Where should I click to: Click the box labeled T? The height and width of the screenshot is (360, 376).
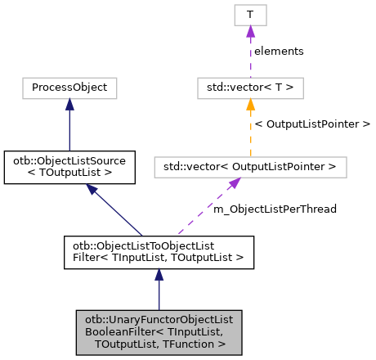[x=250, y=15]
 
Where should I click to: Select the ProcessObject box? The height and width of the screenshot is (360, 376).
[x=69, y=86]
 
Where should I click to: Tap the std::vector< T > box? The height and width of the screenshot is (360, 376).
[x=250, y=86]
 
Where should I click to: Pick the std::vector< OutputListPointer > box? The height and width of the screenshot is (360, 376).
[x=250, y=167]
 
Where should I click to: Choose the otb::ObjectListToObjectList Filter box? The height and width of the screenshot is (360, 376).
[x=159, y=252]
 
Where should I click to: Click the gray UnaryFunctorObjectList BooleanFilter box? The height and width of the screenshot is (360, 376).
[x=159, y=332]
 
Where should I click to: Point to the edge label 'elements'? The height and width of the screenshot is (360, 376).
[x=279, y=51]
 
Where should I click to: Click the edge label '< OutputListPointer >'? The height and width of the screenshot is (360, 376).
[x=312, y=124]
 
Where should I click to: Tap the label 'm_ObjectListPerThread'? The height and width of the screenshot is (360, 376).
[x=275, y=209]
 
